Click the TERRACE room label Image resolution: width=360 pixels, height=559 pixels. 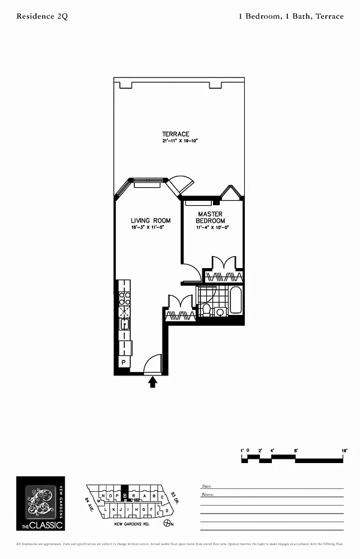[x=175, y=134]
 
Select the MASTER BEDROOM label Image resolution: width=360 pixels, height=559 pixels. [x=211, y=217]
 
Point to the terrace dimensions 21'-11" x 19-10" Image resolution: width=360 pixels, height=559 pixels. [x=179, y=141]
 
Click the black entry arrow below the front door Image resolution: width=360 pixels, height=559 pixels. [x=153, y=381]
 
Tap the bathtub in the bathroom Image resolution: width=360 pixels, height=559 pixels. [x=235, y=302]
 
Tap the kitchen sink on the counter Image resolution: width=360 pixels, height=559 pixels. [x=125, y=324]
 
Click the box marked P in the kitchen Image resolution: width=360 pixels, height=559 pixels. [x=124, y=363]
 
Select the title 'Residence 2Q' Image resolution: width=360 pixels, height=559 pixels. [x=42, y=17]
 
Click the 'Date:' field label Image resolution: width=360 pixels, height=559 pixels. [x=206, y=486]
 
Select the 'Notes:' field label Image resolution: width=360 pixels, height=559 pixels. [x=208, y=495]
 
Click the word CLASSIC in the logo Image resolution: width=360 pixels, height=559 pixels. [x=45, y=525]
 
